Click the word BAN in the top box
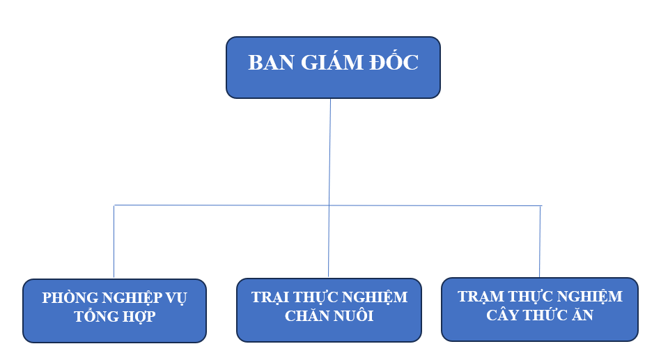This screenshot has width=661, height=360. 271,63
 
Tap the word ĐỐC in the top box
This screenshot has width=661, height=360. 394,61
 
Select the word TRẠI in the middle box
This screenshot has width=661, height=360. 270,297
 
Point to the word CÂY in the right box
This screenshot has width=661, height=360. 502,315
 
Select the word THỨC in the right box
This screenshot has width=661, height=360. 545,315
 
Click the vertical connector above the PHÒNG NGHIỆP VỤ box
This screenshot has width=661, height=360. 114,241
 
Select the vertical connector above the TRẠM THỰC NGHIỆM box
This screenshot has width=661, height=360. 540,242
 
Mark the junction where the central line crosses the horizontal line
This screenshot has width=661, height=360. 329,205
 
